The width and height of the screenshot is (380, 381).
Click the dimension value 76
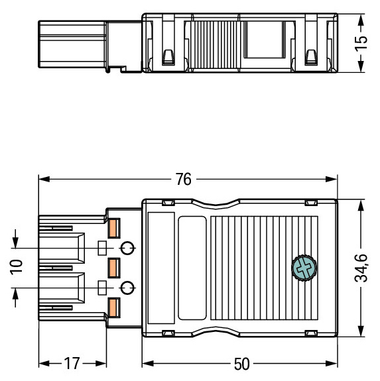click(184, 180)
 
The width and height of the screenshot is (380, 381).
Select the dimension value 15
click(361, 43)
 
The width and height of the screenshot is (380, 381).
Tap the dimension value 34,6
click(361, 268)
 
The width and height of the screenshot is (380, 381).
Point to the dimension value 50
click(241, 364)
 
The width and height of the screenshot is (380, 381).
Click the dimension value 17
click(72, 364)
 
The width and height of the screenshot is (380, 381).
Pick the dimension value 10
click(16, 267)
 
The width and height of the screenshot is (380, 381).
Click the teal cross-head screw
click(304, 268)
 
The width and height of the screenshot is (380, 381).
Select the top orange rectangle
click(114, 228)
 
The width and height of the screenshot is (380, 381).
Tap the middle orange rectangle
click(114, 268)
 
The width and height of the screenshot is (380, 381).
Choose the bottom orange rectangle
click(114, 307)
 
